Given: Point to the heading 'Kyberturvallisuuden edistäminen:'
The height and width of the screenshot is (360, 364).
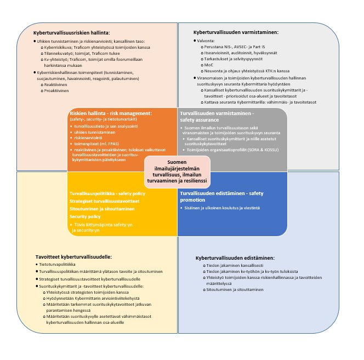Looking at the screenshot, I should pyautogui.click(x=235, y=258).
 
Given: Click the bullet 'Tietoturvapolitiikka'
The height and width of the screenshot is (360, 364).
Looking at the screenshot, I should pyautogui.click(x=57, y=265).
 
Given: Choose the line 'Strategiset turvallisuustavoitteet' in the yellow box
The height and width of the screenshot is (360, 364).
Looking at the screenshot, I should pyautogui.click(x=103, y=202).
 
